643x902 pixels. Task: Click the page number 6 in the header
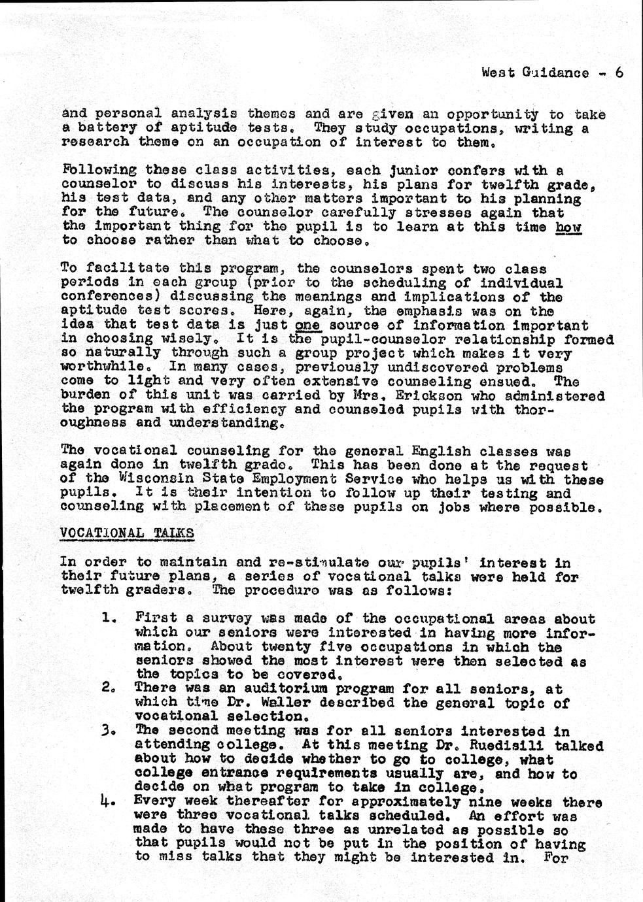tap(617, 73)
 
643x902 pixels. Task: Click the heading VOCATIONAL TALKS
tap(127, 533)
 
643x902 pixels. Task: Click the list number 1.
tap(109, 618)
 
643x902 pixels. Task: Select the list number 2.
tap(109, 688)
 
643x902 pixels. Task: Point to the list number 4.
tap(109, 801)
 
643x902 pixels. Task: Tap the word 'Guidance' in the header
tap(555, 73)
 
